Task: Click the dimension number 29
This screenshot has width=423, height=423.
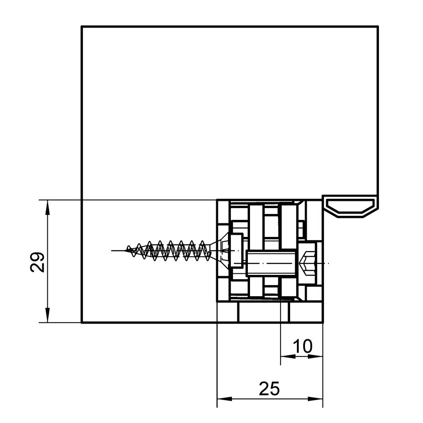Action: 37,262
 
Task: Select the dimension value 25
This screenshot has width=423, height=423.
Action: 269,388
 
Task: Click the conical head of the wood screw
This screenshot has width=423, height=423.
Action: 220,250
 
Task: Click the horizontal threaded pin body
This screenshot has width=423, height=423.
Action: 272,263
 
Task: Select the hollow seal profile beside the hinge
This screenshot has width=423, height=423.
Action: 350,206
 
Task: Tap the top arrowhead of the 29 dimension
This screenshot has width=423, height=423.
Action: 47,207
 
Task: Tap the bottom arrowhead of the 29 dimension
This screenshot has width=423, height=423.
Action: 47,315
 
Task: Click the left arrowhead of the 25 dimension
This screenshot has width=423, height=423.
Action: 225,399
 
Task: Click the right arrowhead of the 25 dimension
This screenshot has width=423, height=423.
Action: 316,399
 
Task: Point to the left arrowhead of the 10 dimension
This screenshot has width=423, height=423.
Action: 288,356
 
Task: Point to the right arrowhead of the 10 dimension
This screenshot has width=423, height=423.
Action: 316,356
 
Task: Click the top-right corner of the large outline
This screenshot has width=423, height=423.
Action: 378,26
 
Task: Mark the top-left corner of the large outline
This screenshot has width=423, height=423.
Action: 82,26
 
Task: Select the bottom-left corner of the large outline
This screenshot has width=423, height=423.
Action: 82,322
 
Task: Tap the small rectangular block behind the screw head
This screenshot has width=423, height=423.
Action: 236,250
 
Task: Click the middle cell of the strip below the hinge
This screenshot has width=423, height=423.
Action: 264,312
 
